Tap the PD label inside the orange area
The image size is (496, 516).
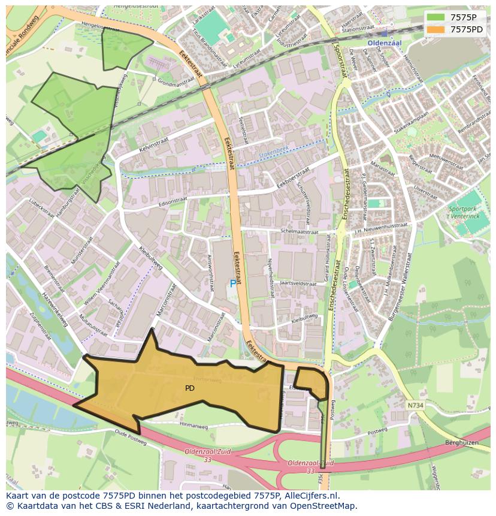coord(189,388)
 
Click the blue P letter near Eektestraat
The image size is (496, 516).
coord(233,283)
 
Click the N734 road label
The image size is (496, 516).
coord(415,405)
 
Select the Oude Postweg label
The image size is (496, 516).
coord(131,439)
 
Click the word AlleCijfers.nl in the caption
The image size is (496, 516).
coord(310,496)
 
